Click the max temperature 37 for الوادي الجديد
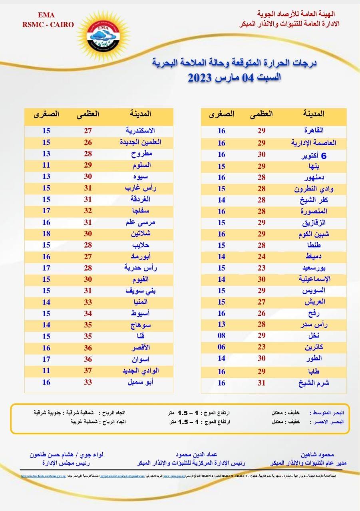[x=88, y=371]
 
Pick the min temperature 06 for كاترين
[x=221, y=347]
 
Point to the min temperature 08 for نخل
[x=221, y=336]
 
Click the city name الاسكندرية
[x=140, y=131]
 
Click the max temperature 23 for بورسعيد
[x=261, y=267]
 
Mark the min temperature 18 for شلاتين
[x=46, y=234]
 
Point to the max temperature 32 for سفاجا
[x=88, y=211]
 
